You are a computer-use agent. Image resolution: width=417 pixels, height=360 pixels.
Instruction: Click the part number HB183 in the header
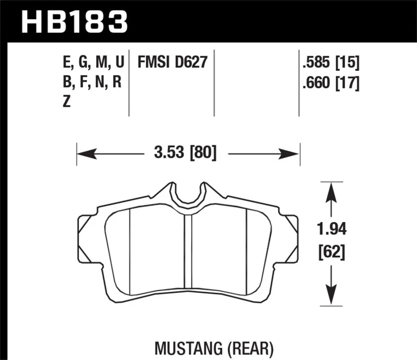73,22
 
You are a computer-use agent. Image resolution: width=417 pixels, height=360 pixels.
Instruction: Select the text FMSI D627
172,64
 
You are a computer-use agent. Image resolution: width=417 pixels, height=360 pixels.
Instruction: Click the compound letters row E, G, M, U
92,64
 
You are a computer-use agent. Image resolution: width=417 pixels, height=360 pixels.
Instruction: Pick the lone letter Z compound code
66,102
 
